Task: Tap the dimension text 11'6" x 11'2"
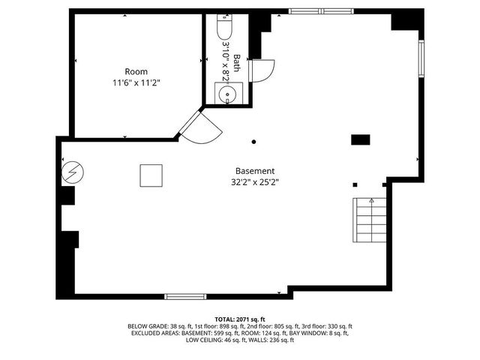coord(136,82)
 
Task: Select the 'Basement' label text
coord(255,170)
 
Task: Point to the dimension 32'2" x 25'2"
coord(255,181)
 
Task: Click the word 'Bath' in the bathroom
coord(236,61)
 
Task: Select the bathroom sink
coord(226,94)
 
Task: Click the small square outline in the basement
coord(151,175)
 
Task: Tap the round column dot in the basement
coord(253,141)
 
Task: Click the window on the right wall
coord(421,64)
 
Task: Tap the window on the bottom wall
coord(186,296)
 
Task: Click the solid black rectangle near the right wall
coord(361,139)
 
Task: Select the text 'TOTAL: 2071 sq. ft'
coord(240,319)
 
